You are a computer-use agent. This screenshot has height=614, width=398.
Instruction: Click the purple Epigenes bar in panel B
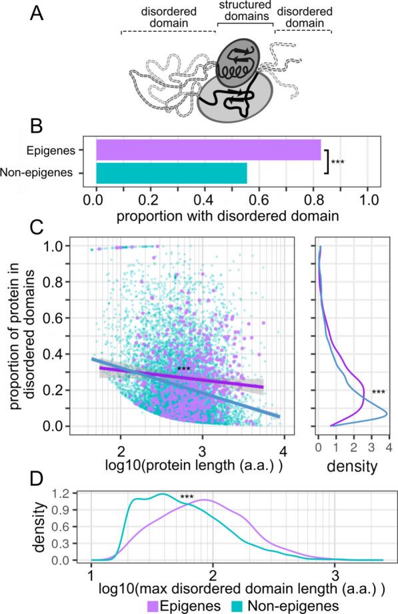click(208, 150)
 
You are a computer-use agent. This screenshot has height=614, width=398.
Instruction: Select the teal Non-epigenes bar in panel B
click(171, 173)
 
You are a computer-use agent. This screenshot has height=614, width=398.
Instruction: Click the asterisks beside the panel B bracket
click(338, 162)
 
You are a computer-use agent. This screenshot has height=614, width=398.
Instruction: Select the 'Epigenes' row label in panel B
click(67, 150)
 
